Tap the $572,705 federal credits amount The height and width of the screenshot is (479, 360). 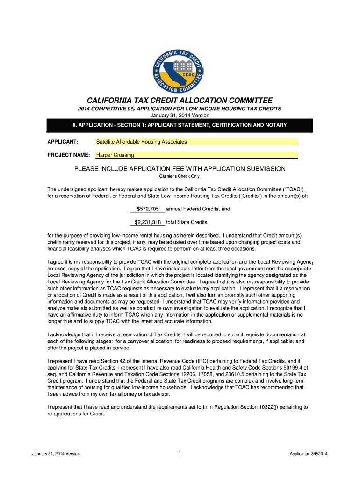[148, 209]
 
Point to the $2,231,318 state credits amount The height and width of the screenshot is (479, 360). [148, 222]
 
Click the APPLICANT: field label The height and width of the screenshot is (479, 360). [63, 142]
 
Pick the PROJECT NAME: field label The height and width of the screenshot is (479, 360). [69, 155]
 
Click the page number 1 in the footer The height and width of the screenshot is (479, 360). [180, 453]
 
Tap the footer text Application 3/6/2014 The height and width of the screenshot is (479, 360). [309, 454]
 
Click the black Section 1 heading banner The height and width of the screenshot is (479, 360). [180, 125]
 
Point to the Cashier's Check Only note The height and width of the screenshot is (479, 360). [180, 176]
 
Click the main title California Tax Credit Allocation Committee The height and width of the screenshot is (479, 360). [180, 101]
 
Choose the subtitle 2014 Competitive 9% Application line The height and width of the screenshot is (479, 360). [180, 109]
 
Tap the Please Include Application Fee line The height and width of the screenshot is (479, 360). [180, 169]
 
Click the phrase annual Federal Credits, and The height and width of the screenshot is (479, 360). [198, 209]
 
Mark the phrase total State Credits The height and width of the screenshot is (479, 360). [187, 222]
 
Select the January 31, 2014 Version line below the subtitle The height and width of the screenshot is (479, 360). [180, 115]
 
